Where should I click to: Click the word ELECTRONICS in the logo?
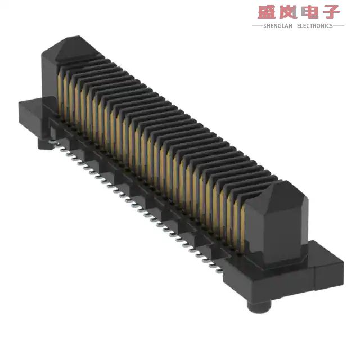[314, 26]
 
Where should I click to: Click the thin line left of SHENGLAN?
[257, 26]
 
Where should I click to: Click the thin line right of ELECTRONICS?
[339, 26]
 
